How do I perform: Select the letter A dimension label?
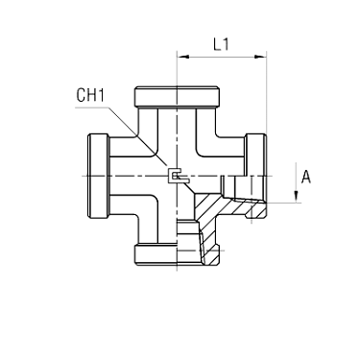pyautogui.click(x=306, y=176)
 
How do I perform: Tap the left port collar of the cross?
pyautogui.click(x=98, y=176)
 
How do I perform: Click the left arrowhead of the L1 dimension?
pyautogui.click(x=180, y=57)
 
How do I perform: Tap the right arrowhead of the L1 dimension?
pyautogui.click(x=262, y=57)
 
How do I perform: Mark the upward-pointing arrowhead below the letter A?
pyautogui.click(x=296, y=196)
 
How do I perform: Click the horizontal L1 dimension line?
pyautogui.click(x=222, y=57)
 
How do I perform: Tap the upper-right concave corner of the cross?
pyautogui.click(x=205, y=146)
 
